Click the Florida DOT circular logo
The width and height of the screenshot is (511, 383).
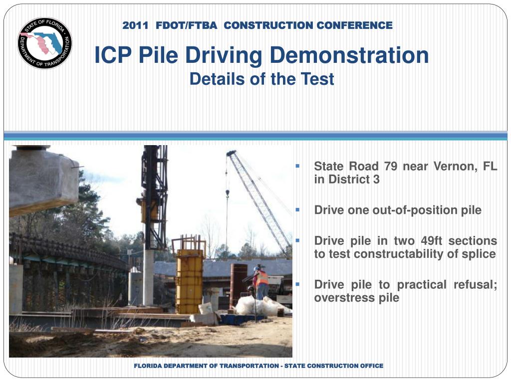click(x=45, y=42)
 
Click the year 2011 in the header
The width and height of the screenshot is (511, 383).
click(x=135, y=25)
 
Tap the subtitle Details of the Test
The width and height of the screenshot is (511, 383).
click(x=261, y=79)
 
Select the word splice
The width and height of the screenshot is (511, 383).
click(x=481, y=254)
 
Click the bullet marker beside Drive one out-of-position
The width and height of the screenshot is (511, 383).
click(x=297, y=209)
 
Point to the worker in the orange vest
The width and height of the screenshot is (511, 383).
click(x=261, y=282)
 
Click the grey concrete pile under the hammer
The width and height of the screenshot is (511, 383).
click(x=148, y=277)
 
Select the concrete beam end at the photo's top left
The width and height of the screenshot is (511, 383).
click(x=42, y=180)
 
